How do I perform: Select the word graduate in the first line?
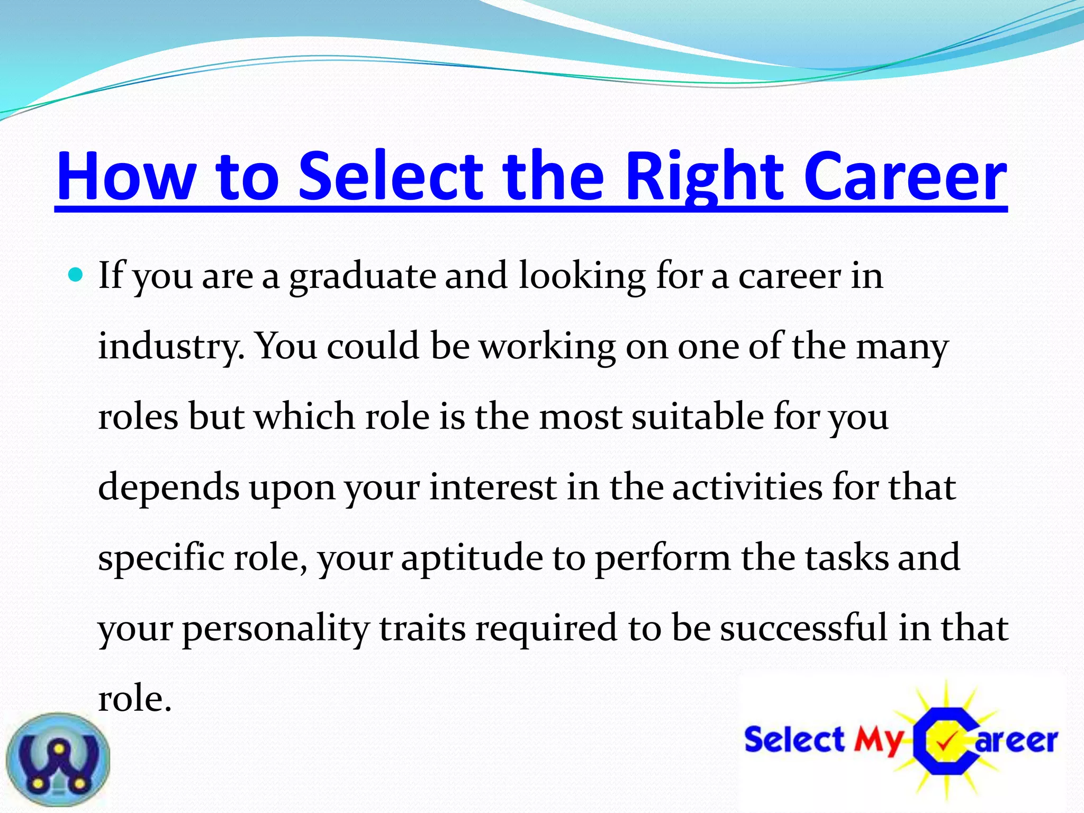(x=362, y=276)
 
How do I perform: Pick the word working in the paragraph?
(x=547, y=347)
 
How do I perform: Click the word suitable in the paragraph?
(x=698, y=417)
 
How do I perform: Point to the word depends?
(x=169, y=487)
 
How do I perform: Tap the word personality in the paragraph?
(x=276, y=628)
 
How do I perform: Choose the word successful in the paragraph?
(x=803, y=627)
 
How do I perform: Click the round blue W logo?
(x=58, y=760)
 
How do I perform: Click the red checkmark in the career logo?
(x=946, y=743)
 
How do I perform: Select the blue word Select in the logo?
(x=794, y=739)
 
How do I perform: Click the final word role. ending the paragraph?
(x=135, y=698)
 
